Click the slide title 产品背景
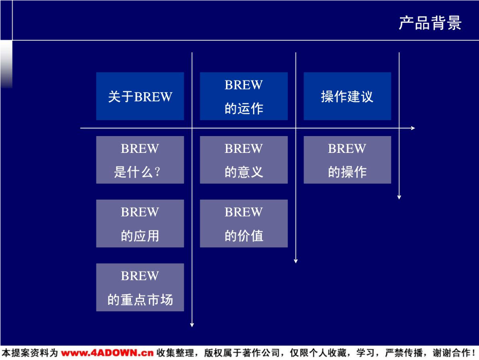click(430, 22)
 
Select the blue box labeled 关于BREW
click(140, 96)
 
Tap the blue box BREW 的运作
click(244, 96)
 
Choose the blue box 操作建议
click(347, 96)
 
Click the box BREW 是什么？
click(140, 160)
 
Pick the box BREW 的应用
click(140, 223)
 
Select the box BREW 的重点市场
click(140, 287)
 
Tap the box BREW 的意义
click(244, 160)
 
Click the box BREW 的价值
click(244, 223)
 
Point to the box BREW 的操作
click(347, 160)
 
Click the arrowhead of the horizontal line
click(413, 128)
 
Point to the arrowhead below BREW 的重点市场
click(192, 324)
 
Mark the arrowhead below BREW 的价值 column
click(296, 261)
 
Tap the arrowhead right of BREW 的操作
click(399, 197)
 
